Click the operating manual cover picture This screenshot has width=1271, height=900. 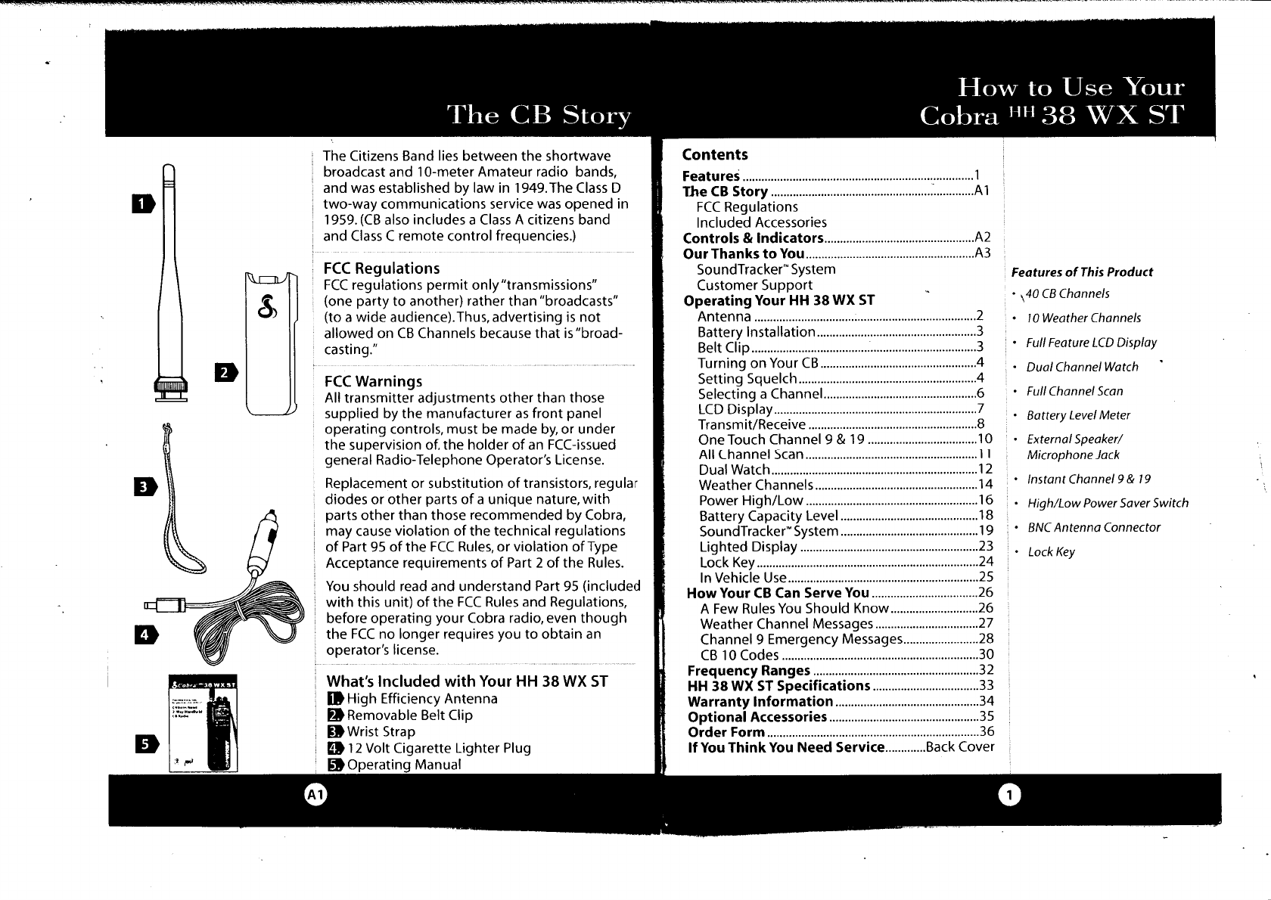point(203,722)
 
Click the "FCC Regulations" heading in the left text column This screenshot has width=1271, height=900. point(381,268)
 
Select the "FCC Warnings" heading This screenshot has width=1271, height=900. point(372,381)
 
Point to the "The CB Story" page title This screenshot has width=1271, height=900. point(539,116)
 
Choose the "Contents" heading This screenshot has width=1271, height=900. point(714,155)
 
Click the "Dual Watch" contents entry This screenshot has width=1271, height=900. point(734,470)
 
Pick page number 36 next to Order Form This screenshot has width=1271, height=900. point(986,731)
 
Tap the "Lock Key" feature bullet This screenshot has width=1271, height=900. point(1051,552)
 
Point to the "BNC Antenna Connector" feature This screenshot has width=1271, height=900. point(1093,528)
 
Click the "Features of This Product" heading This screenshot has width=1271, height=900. point(1082,272)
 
